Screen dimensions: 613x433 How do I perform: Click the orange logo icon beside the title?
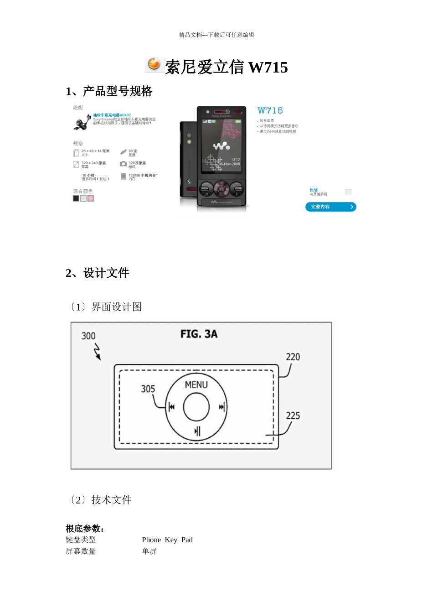(x=154, y=65)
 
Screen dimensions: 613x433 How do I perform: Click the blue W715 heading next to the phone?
(x=270, y=110)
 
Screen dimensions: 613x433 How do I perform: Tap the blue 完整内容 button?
(x=330, y=207)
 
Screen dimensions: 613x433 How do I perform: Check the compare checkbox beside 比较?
(x=348, y=192)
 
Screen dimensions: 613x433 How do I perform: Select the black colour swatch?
(x=76, y=198)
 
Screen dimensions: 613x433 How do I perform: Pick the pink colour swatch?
(x=91, y=198)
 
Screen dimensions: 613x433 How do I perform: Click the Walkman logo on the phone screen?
(x=222, y=146)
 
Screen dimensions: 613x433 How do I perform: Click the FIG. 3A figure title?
(x=199, y=334)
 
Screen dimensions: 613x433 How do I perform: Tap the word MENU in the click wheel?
(x=196, y=385)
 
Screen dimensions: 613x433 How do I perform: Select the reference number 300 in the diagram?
(x=88, y=336)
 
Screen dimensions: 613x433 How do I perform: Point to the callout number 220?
(x=293, y=357)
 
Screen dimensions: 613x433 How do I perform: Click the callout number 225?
(x=293, y=416)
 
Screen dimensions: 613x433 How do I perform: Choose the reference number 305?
(x=148, y=389)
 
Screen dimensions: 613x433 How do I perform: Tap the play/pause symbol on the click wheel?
(x=197, y=431)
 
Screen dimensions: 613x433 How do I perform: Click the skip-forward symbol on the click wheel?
(x=222, y=407)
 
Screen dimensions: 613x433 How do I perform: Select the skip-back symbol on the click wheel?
(x=171, y=407)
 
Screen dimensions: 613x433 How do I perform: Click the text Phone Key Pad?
(x=167, y=540)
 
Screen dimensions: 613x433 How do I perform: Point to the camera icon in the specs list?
(x=123, y=164)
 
